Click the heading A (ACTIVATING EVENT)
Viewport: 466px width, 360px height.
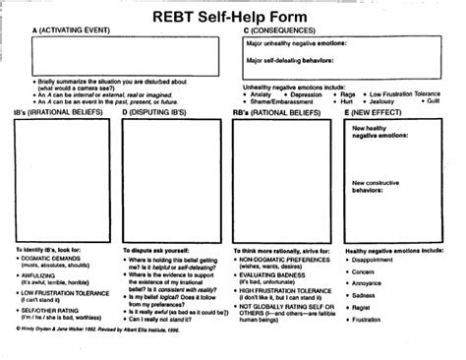(x=71, y=31)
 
